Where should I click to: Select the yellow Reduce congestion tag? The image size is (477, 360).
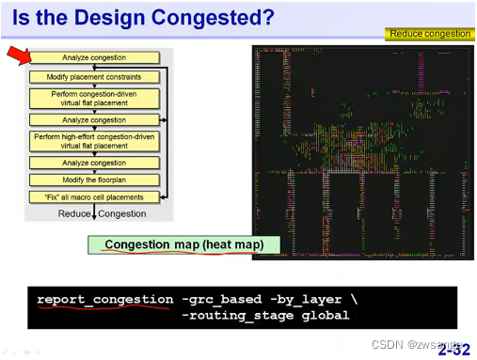point(428,34)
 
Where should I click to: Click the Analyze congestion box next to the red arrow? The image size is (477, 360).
point(94,58)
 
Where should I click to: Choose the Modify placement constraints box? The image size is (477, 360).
point(94,77)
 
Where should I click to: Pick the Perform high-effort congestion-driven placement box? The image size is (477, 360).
point(94,142)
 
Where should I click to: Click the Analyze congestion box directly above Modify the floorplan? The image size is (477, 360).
point(94,164)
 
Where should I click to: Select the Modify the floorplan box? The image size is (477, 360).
point(94,180)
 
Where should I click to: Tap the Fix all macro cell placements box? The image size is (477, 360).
point(94,197)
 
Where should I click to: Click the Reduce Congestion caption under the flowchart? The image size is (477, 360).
point(103,213)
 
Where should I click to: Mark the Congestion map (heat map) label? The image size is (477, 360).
point(183,245)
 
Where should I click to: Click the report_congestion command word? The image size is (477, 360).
point(104,300)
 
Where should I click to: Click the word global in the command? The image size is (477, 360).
point(325,315)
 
